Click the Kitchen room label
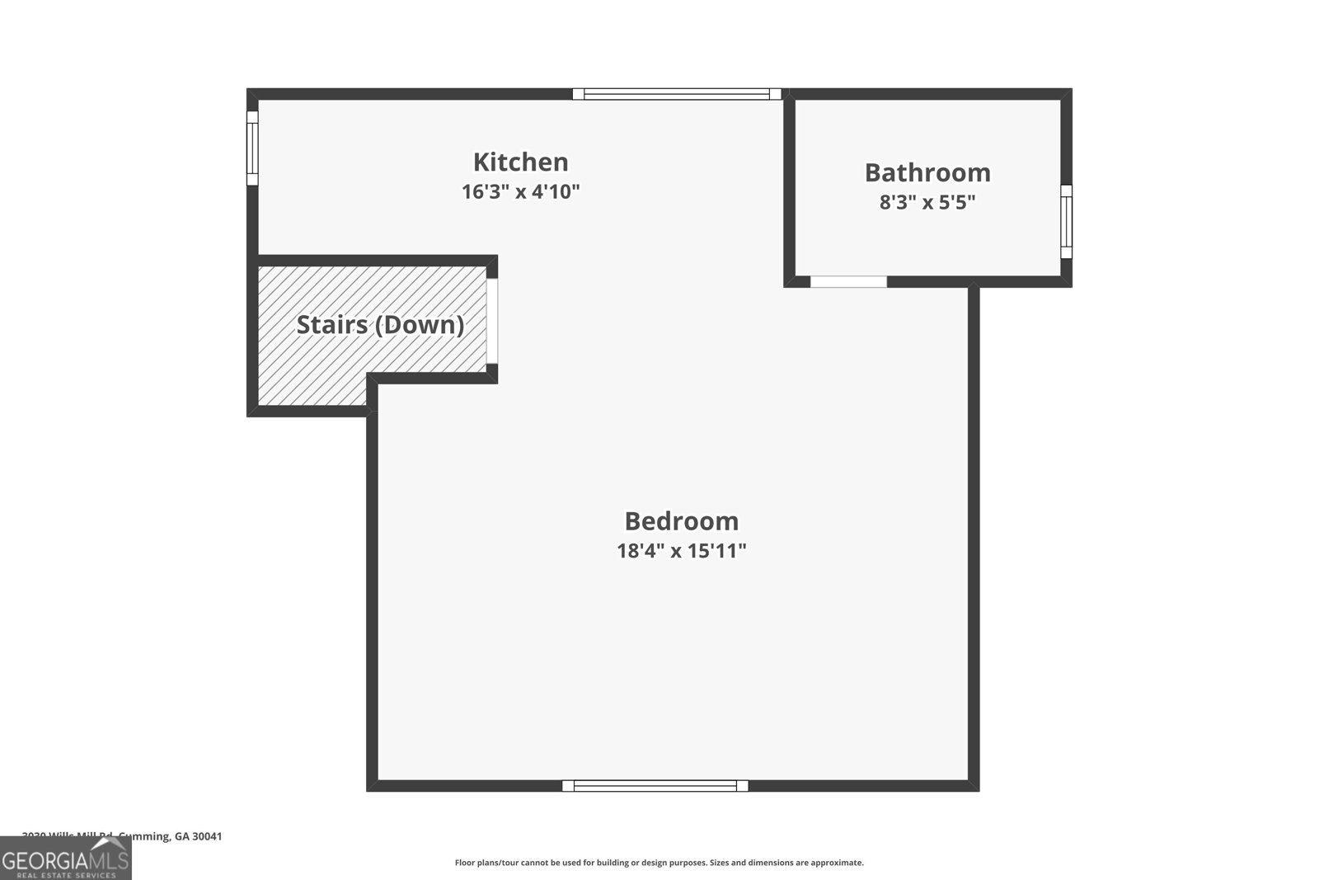[x=520, y=162]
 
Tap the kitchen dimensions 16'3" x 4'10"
[x=520, y=192]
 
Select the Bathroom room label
[x=927, y=172]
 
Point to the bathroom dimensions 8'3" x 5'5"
[x=927, y=202]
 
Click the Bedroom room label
[x=681, y=521]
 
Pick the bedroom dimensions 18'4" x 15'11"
[x=681, y=551]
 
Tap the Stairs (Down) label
[x=380, y=325]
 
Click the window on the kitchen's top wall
[x=677, y=94]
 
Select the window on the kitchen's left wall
[x=252, y=148]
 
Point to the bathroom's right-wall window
[x=1066, y=221]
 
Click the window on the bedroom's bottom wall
[x=655, y=786]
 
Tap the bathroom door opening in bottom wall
[x=848, y=282]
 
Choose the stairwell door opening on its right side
[x=492, y=321]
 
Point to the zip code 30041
[x=207, y=836]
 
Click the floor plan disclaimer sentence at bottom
[x=659, y=863]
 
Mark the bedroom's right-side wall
[x=974, y=536]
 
